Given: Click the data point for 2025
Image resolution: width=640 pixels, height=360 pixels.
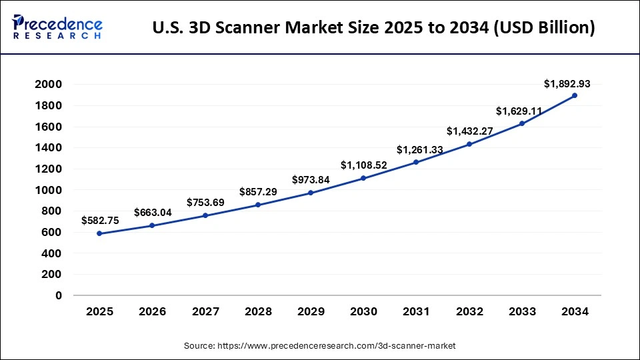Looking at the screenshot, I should [x=99, y=233].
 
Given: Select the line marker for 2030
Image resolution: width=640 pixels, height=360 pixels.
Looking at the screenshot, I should [x=363, y=178].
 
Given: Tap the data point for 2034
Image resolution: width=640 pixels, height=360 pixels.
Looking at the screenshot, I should [x=575, y=95].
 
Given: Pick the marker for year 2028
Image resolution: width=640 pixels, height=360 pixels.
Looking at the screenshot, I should [x=257, y=205].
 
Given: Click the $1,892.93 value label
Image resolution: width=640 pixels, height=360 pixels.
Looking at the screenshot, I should [x=567, y=84].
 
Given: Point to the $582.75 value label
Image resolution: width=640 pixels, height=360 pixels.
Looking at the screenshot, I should [x=100, y=220].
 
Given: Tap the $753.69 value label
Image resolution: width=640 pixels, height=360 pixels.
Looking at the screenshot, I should [x=205, y=202].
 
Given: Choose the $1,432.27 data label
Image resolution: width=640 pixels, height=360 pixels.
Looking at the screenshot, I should [x=469, y=131].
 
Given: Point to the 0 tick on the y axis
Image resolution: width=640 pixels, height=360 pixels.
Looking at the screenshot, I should [x=59, y=295].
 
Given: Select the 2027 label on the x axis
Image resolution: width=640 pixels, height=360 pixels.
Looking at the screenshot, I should [x=205, y=312].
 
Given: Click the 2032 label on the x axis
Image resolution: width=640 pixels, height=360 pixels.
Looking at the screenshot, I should [x=469, y=312].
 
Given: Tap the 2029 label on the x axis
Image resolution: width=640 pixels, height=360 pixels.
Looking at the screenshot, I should [x=311, y=312].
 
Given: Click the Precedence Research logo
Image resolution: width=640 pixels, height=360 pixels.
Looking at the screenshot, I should [x=57, y=27].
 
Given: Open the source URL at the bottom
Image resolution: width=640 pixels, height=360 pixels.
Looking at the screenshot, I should [x=319, y=346].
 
